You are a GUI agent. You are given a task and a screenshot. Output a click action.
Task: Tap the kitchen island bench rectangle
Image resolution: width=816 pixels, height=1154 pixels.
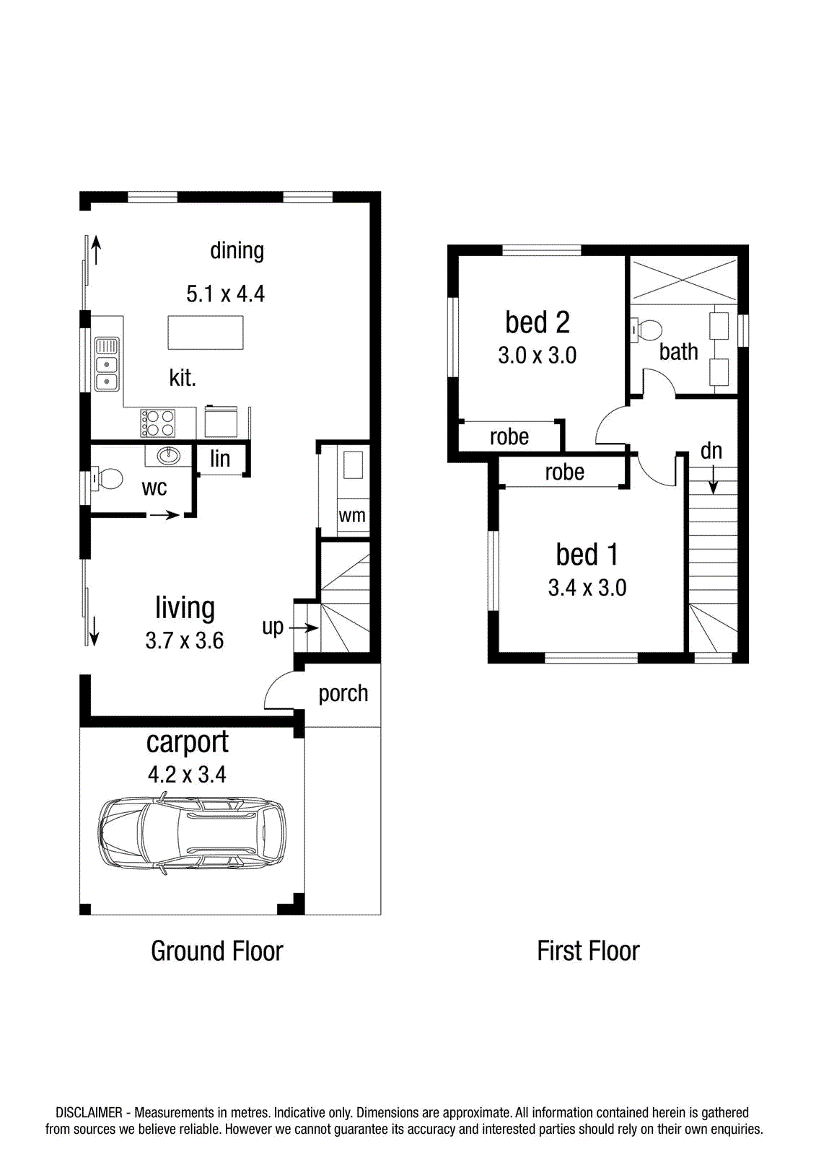click(x=205, y=332)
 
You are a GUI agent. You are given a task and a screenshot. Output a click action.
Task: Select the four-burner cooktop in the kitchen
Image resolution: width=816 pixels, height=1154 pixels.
click(x=158, y=423)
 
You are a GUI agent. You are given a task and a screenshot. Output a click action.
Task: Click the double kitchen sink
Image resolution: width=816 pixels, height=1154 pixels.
click(x=107, y=364)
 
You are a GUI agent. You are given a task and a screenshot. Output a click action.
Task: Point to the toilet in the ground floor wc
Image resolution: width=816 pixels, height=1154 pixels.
click(x=106, y=479)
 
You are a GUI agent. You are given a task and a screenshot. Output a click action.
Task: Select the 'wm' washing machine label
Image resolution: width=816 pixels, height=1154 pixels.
click(x=352, y=516)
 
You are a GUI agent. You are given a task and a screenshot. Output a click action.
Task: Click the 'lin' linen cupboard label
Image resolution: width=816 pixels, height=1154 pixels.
click(x=220, y=459)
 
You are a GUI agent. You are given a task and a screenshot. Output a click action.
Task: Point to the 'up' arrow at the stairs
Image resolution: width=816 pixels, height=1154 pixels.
click(x=304, y=627)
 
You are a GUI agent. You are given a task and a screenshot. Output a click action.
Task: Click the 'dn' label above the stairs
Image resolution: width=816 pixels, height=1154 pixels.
click(x=711, y=452)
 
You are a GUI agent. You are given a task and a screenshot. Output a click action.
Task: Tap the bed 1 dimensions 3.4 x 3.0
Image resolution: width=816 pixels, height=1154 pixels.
click(x=587, y=588)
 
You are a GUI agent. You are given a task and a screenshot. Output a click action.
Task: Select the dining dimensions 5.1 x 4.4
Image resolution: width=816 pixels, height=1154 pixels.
click(x=225, y=294)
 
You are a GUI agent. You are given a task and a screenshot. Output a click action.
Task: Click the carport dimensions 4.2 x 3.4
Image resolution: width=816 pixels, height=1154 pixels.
click(x=187, y=775)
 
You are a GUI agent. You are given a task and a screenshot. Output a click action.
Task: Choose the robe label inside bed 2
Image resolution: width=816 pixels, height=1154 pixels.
click(x=509, y=437)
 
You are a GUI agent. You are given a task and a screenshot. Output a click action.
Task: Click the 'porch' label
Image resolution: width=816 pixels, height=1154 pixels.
click(x=343, y=694)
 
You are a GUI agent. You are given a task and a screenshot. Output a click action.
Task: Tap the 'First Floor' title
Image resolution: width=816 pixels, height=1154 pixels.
click(x=588, y=951)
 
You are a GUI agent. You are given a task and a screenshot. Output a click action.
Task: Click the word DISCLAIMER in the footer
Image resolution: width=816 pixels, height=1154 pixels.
click(x=89, y=1112)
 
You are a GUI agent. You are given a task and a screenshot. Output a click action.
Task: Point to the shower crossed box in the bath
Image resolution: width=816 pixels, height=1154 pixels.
click(x=684, y=280)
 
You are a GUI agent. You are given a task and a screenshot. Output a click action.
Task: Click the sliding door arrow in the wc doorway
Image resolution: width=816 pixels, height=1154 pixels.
click(x=164, y=515)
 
